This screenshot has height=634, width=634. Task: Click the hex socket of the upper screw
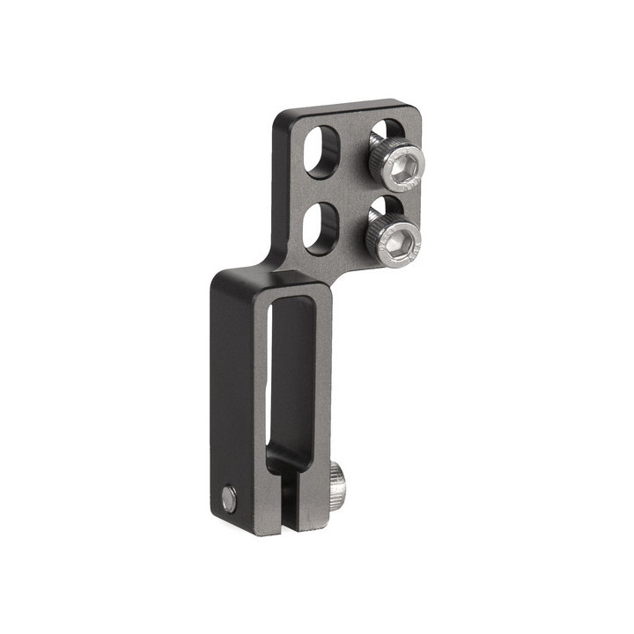point(403,163)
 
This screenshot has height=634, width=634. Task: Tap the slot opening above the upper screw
point(385,132)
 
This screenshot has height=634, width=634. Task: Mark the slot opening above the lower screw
point(383,206)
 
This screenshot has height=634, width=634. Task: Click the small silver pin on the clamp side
point(229,499)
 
